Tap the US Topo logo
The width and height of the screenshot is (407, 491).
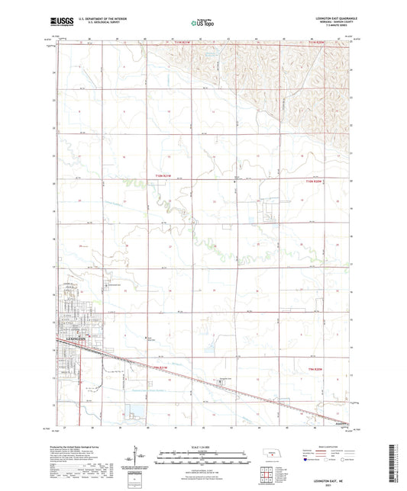(203, 23)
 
